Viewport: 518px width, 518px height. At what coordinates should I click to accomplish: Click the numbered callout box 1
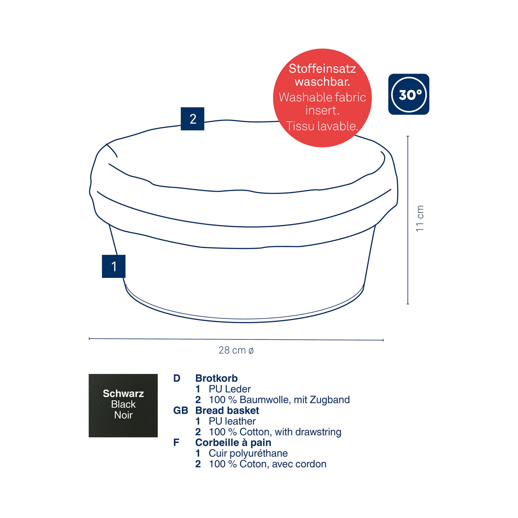(114, 266)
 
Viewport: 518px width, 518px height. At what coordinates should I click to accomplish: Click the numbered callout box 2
(192, 119)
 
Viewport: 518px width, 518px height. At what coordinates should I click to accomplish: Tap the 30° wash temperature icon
(409, 94)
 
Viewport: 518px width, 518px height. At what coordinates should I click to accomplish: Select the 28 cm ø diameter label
(236, 350)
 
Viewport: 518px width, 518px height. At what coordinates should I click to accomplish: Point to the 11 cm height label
(420, 219)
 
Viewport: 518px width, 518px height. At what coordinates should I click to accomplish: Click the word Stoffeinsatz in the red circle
(322, 69)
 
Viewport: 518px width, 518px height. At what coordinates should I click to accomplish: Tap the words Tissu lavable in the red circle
(322, 126)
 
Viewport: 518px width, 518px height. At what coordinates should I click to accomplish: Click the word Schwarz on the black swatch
(123, 393)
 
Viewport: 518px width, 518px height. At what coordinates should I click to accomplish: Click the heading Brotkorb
(216, 378)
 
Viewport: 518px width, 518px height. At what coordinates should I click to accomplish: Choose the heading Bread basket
(227, 411)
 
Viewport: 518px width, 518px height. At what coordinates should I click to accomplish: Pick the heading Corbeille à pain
(233, 442)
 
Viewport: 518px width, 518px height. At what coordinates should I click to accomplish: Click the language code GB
(181, 411)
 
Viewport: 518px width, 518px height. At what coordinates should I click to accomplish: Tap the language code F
(176, 442)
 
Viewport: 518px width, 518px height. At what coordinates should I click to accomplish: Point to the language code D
(177, 378)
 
